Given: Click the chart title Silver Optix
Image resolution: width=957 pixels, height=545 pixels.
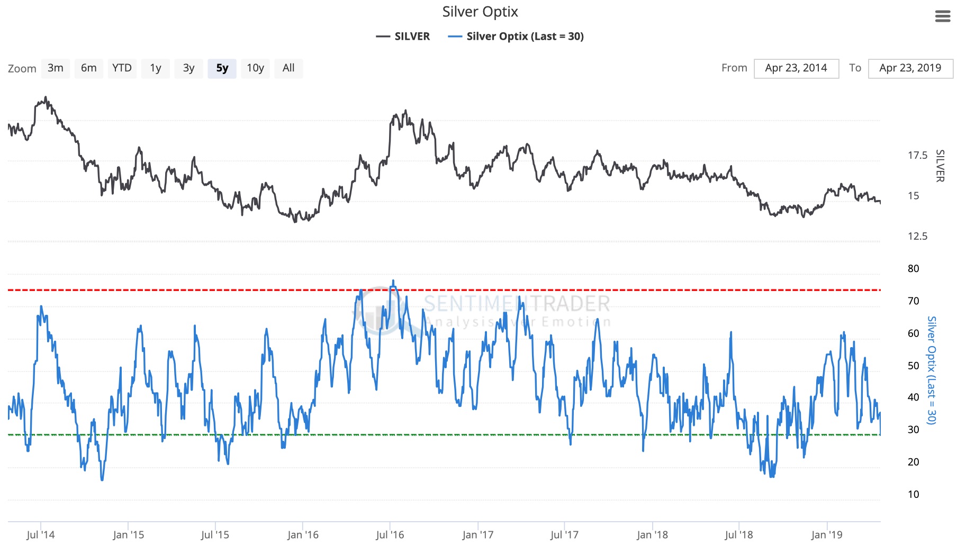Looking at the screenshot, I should click(480, 12).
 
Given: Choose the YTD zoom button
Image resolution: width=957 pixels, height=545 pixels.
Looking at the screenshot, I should click(122, 68).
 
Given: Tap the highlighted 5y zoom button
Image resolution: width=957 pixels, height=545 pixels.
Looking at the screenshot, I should click(222, 68).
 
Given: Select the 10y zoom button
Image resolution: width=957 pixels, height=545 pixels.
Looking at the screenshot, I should click(255, 68).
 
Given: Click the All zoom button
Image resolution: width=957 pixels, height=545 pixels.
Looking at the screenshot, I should click(288, 68).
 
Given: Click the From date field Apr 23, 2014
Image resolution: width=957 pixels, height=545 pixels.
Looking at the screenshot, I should click(796, 68).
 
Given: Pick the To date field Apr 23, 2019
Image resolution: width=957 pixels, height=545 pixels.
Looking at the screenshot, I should click(910, 68).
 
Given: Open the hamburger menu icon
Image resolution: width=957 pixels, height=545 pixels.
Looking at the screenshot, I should click(943, 16).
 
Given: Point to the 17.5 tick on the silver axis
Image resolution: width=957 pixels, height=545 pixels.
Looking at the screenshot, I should click(917, 156).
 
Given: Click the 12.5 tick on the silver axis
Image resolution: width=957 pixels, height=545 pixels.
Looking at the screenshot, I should click(917, 237).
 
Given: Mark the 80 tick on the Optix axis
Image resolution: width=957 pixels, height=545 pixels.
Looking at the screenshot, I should click(913, 269).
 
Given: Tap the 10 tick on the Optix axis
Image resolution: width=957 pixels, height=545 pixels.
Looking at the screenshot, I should click(913, 495).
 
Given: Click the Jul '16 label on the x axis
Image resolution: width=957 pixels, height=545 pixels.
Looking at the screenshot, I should click(390, 535).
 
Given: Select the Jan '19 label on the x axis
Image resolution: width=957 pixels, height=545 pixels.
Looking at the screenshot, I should click(827, 535).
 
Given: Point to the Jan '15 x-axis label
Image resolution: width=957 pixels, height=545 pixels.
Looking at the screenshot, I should click(128, 535).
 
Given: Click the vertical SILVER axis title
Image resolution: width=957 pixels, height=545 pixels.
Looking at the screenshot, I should click(940, 166).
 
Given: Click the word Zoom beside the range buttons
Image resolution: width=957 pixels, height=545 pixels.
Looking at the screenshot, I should click(22, 69).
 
